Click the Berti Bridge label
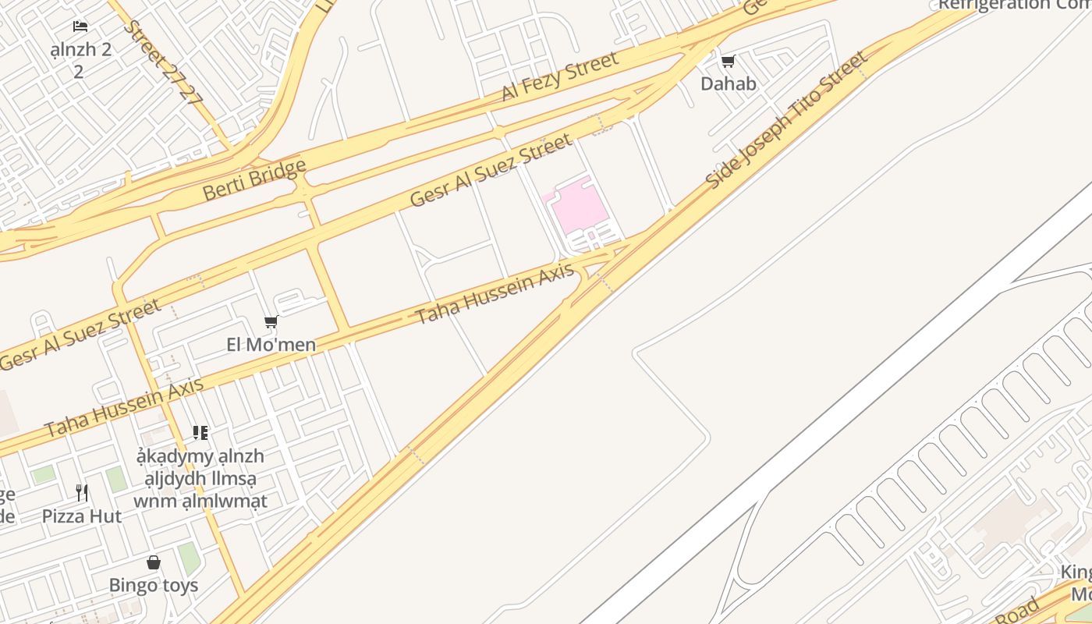click(x=254, y=180)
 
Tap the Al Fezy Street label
click(x=559, y=76)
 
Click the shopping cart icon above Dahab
click(x=728, y=61)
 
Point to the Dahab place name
click(x=729, y=83)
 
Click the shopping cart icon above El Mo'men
click(x=271, y=321)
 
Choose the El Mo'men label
click(x=271, y=344)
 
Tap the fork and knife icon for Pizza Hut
click(x=82, y=493)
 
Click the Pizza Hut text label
click(x=82, y=516)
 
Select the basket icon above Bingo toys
click(x=154, y=562)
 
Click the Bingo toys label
click(x=154, y=585)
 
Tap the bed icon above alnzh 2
click(x=80, y=27)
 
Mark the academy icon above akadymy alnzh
click(x=200, y=432)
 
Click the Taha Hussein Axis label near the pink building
click(x=494, y=294)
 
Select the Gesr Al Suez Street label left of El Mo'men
click(x=80, y=334)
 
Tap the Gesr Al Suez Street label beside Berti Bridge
click(x=491, y=170)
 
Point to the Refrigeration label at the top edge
click(x=1014, y=5)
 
